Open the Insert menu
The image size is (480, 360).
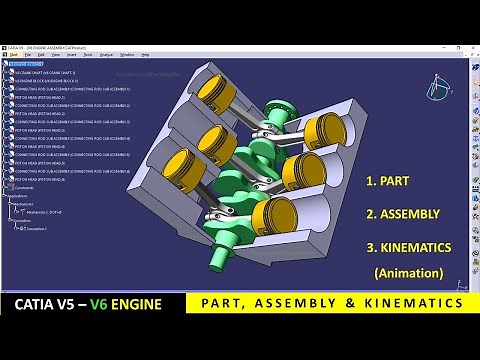71,55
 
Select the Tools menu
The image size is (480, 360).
88,55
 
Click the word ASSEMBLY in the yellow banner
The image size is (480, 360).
328,302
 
